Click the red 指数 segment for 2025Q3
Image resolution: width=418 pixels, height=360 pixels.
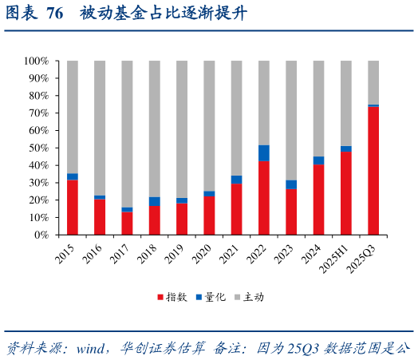coord(373,171)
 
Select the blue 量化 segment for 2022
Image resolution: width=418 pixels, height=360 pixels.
coord(264,152)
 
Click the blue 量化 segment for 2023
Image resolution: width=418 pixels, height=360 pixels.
coord(291,184)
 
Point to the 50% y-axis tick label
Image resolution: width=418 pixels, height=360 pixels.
coord(39,148)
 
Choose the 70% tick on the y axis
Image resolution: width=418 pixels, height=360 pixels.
coord(39,113)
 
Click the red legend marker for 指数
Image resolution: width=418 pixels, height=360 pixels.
coord(160,297)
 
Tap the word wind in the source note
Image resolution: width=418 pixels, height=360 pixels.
coord(93,347)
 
